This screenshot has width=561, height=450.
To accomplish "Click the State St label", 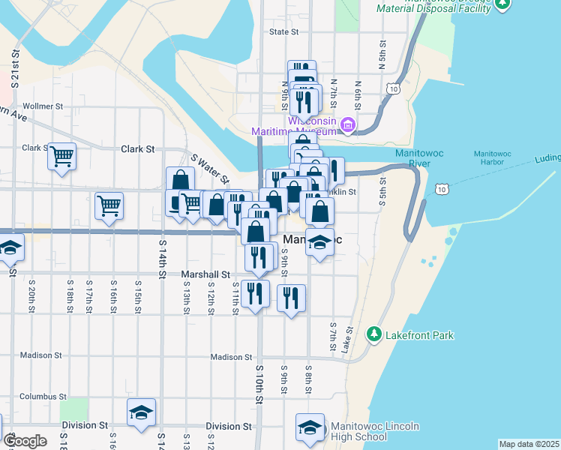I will click(283, 32).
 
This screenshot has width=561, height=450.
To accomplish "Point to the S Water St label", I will click(210, 169).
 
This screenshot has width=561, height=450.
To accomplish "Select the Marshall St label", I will click(209, 274).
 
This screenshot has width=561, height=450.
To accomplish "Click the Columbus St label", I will click(43, 396).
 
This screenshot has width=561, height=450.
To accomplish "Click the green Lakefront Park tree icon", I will click(373, 333).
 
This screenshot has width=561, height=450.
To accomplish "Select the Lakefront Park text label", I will click(419, 335).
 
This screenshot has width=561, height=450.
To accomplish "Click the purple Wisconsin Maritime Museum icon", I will click(348, 124).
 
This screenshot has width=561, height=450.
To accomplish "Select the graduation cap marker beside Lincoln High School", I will click(310, 427).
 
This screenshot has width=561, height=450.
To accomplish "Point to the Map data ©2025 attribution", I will click(528, 444).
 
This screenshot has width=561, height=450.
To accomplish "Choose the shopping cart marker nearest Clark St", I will click(62, 157).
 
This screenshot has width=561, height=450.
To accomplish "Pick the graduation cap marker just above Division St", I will click(141, 412).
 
